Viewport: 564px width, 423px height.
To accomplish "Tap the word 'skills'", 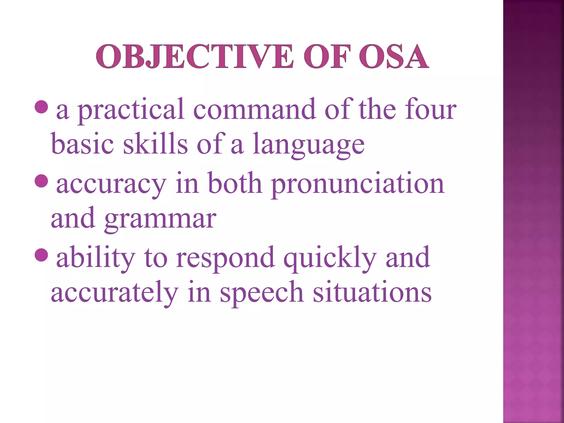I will click(x=155, y=143).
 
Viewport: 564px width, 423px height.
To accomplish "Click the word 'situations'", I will click(x=372, y=292).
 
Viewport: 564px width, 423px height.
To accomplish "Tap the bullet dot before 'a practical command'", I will click(x=42, y=107).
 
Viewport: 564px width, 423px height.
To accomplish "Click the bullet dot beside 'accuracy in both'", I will click(x=42, y=181).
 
